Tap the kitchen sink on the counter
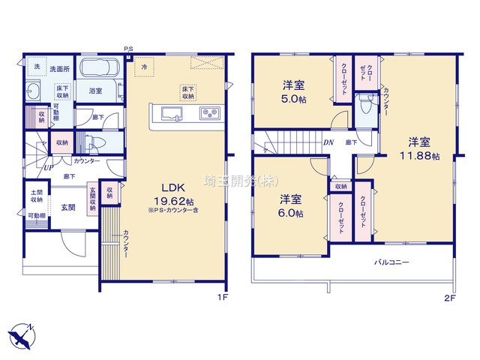pos(170,114)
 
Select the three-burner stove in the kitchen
pos(207,114)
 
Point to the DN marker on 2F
pos(328,142)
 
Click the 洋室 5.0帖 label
pos(293,91)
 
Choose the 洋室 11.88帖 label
pos(419,148)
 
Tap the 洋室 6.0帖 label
pos(292,206)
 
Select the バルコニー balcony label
pos(392,263)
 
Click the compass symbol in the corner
pos(21,332)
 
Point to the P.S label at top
pos(128,49)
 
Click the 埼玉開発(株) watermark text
pos(232,180)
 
